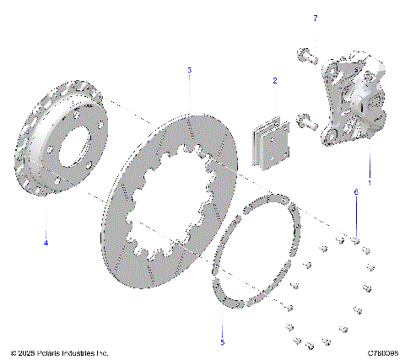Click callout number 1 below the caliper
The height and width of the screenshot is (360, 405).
(x=369, y=183)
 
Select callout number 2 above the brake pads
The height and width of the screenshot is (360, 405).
(x=274, y=81)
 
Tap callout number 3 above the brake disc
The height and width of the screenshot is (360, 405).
(x=189, y=70)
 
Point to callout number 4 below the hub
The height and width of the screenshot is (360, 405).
(x=46, y=243)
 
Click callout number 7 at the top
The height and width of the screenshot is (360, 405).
(x=316, y=18)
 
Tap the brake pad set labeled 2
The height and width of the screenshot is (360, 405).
(x=272, y=135)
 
